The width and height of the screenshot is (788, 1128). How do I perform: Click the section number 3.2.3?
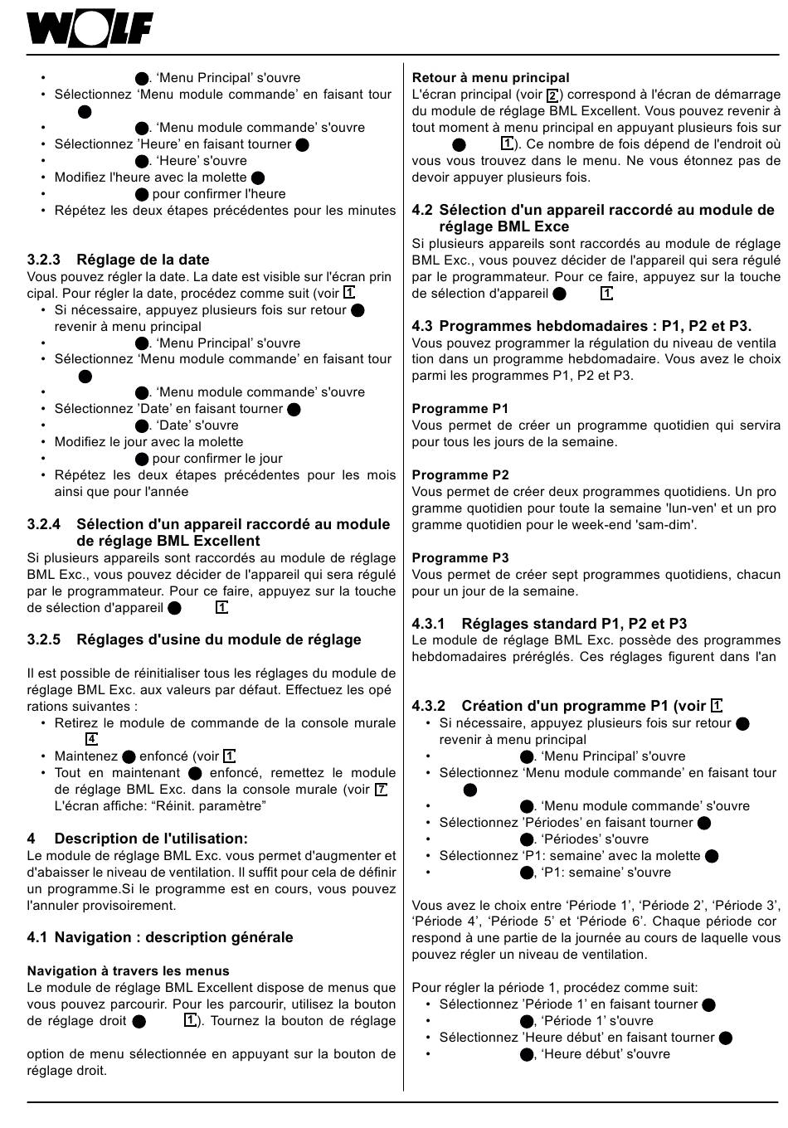coord(44,260)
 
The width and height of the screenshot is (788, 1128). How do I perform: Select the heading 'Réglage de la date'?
coord(143,260)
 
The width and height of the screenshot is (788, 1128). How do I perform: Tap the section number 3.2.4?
coord(44,524)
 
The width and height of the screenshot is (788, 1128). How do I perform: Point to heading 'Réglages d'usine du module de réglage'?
coord(218,639)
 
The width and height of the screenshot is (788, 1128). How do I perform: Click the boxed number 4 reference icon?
coord(91,739)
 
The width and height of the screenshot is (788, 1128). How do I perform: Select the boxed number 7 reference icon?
coord(381,789)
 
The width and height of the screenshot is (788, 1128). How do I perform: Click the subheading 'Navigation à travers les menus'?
coord(128,970)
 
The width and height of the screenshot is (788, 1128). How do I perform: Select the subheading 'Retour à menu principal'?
coord(490,78)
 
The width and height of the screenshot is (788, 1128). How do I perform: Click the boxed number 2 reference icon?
coord(553,95)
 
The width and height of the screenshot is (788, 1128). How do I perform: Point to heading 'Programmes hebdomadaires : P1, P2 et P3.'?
coord(595,326)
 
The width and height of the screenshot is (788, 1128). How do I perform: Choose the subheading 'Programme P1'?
coord(460,408)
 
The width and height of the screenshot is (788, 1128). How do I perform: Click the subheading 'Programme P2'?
coord(460,474)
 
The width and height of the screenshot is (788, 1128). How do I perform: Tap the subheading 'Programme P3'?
coord(460,557)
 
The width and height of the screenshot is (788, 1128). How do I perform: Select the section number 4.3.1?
coord(429,624)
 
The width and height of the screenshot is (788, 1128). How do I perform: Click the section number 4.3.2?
coord(429,706)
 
